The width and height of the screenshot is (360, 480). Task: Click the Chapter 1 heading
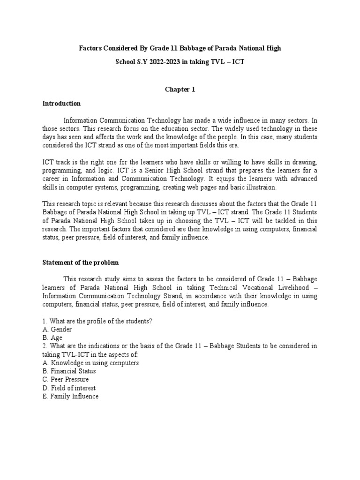(x=180, y=90)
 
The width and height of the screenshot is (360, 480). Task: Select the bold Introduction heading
(x=61, y=103)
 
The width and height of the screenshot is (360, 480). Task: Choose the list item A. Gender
(x=57, y=329)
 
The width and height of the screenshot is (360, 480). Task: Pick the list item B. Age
(x=52, y=337)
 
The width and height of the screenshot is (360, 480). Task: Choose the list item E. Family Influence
(x=70, y=397)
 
